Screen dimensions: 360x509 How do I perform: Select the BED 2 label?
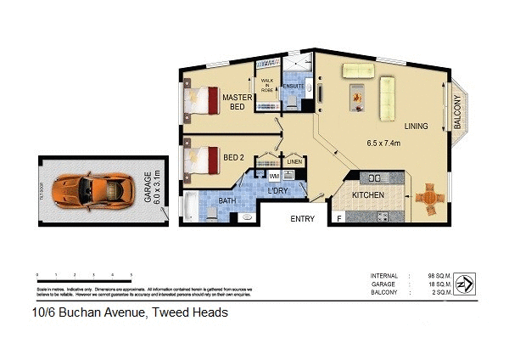[x=233, y=158]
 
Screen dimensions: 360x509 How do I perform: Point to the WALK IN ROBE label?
[x=267, y=86]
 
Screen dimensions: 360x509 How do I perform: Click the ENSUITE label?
[x=294, y=86]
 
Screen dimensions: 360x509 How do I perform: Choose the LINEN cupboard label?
[x=294, y=161]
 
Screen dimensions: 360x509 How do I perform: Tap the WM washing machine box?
[x=274, y=176]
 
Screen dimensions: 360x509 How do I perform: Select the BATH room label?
[x=226, y=200]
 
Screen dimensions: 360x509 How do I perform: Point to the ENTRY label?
[x=303, y=219]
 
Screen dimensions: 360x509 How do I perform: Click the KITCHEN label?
[x=368, y=196]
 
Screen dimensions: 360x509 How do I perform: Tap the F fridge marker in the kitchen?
[x=340, y=219]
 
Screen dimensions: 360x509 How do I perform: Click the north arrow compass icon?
[x=465, y=281]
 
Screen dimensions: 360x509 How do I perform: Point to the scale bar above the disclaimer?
[x=84, y=277]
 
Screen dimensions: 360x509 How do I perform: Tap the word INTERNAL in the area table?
[x=384, y=277]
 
